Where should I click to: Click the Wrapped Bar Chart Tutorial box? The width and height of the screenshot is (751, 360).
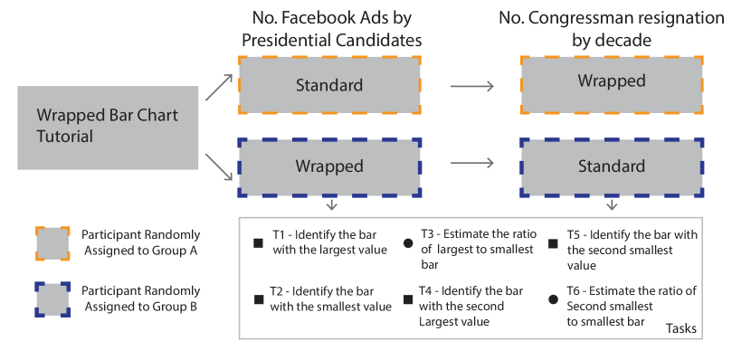pyautogui.click(x=108, y=128)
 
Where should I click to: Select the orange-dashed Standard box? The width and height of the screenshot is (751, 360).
pyautogui.click(x=328, y=85)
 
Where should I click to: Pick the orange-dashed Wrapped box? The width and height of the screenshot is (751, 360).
pyautogui.click(x=612, y=81)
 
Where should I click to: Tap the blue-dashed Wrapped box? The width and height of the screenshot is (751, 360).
pyautogui.click(x=328, y=166)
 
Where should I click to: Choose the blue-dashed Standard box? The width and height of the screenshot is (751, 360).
pyautogui.click(x=612, y=166)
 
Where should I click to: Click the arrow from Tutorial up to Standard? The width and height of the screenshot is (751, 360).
pyautogui.click(x=216, y=88)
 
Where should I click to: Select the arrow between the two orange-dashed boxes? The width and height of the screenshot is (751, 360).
pyautogui.click(x=471, y=86)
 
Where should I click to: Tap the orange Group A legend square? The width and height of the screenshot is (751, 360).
pyautogui.click(x=52, y=242)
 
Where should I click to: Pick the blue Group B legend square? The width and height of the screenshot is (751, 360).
pyautogui.click(x=52, y=299)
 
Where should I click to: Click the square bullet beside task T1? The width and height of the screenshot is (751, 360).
pyautogui.click(x=259, y=243)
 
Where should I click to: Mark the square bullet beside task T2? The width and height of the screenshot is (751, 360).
pyautogui.click(x=259, y=299)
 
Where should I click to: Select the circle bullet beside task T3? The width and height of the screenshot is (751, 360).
pyautogui.click(x=408, y=243)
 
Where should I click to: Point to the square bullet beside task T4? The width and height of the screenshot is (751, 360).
pyautogui.click(x=408, y=299)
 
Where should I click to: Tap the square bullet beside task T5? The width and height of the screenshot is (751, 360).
pyautogui.click(x=552, y=243)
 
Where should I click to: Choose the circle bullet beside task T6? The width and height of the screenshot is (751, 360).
pyautogui.click(x=552, y=299)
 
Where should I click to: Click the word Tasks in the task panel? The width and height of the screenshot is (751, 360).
pyautogui.click(x=681, y=329)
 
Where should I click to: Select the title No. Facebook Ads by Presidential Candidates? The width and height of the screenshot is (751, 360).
pyautogui.click(x=328, y=29)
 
